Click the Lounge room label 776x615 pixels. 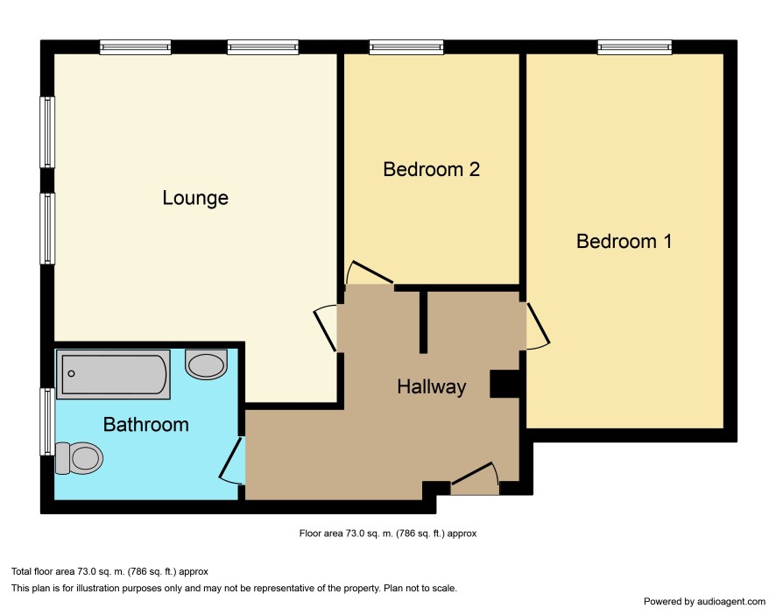(195, 198)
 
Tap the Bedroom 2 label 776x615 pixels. (431, 169)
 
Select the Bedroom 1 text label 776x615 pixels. (624, 241)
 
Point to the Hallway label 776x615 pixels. (432, 386)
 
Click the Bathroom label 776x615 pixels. (146, 424)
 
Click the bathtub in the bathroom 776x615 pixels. (113, 374)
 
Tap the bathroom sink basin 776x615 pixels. (207, 364)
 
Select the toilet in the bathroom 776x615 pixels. (79, 458)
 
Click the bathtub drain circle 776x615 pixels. (71, 373)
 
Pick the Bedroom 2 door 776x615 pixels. (370, 272)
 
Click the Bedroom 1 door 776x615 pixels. (538, 325)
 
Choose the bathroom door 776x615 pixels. (231, 461)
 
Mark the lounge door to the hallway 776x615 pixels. (325, 329)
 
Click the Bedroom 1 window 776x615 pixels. (634, 47)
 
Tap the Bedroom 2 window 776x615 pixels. (406, 47)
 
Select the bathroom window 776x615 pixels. (47, 421)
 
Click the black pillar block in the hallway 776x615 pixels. (504, 384)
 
